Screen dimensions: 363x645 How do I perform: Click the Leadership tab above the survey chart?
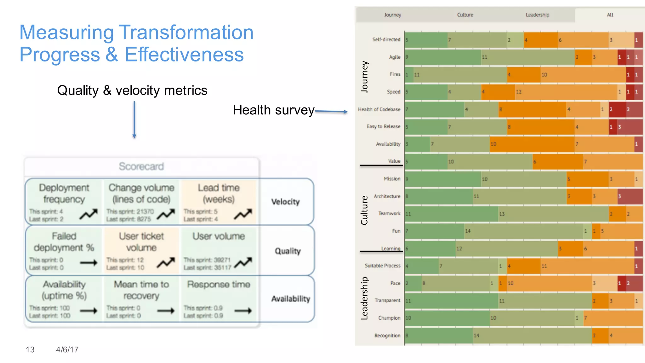pyautogui.click(x=537, y=15)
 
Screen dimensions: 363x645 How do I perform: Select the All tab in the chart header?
pyautogui.click(x=610, y=15)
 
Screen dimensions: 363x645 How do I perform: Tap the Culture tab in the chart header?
pyautogui.click(x=465, y=15)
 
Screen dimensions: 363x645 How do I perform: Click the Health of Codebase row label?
pyautogui.click(x=379, y=109)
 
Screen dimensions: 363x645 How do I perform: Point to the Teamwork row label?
pyautogui.click(x=389, y=213)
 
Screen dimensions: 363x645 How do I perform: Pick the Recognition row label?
pyautogui.click(x=387, y=336)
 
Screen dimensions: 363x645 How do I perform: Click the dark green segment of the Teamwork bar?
pyautogui.click(x=451, y=214)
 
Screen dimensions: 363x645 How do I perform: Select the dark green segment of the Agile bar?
pyautogui.click(x=442, y=57)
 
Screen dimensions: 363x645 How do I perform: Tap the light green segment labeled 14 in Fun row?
pyautogui.click(x=523, y=231)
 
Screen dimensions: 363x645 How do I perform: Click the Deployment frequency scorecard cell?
pyautogui.click(x=64, y=202)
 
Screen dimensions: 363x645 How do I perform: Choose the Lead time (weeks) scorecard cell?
pyautogui.click(x=219, y=202)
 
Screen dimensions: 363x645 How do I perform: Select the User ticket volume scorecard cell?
pyautogui.click(x=141, y=250)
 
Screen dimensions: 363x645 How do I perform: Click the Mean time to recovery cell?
pyautogui.click(x=141, y=298)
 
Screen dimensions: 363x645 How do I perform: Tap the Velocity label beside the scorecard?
pyautogui.click(x=285, y=202)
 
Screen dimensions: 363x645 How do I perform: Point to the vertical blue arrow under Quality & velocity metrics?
pyautogui.click(x=134, y=120)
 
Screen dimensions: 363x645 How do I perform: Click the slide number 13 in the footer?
pyautogui.click(x=30, y=349)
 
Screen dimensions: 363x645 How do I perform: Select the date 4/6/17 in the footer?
pyautogui.click(x=67, y=349)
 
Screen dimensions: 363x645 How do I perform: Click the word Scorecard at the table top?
pyautogui.click(x=141, y=166)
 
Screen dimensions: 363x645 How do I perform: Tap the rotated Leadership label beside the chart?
pyautogui.click(x=364, y=298)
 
